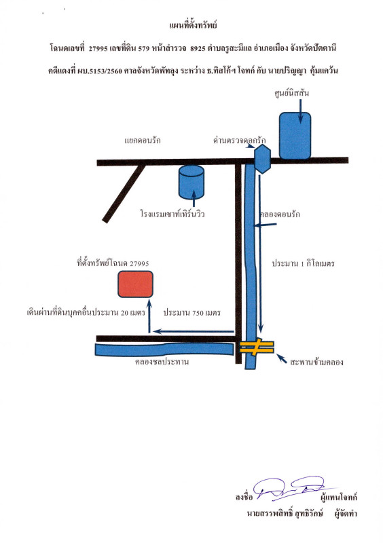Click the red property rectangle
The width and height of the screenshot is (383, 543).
click(135, 284)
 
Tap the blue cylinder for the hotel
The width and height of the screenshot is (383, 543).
click(191, 182)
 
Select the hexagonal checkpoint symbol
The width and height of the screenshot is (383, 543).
click(262, 159)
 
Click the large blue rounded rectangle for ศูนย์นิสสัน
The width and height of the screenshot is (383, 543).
click(295, 136)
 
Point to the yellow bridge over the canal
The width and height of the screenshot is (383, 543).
click(257, 347)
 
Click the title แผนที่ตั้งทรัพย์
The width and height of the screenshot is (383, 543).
click(193, 25)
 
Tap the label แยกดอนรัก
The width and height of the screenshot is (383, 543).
click(143, 141)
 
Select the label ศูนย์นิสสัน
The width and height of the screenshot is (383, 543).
click(291, 93)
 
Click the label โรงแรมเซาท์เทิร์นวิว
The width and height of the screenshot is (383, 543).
click(172, 214)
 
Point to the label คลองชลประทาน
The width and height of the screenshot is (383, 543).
click(162, 362)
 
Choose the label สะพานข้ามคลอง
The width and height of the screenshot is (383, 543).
click(317, 362)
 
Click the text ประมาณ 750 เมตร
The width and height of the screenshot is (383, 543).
click(192, 313)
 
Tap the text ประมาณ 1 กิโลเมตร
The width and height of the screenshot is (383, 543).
click(304, 263)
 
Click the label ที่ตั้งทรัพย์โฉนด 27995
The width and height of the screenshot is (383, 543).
click(113, 263)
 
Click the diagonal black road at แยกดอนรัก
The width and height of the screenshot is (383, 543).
click(124, 193)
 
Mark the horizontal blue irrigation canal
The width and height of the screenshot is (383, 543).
click(164, 349)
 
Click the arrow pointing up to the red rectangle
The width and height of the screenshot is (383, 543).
click(149, 316)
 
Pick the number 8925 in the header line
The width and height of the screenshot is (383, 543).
click(198, 48)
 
